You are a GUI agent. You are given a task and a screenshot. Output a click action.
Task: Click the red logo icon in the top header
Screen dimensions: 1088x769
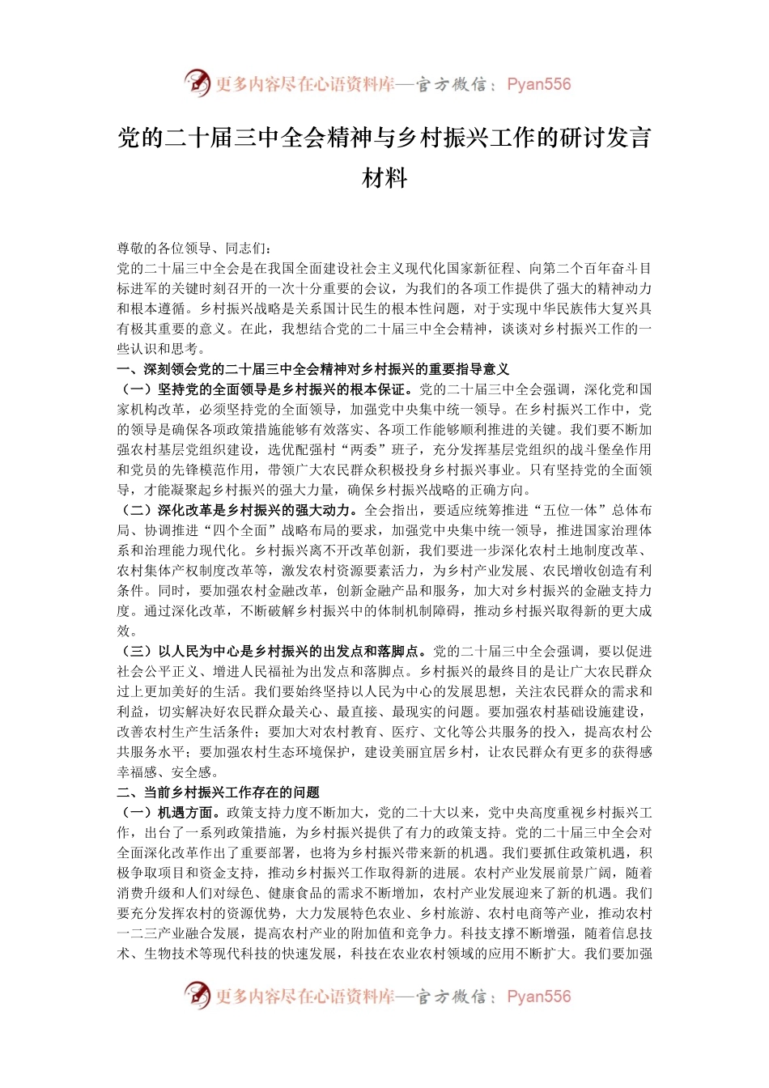[x=197, y=83]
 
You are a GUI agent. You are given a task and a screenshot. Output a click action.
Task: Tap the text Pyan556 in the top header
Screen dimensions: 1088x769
[x=538, y=84]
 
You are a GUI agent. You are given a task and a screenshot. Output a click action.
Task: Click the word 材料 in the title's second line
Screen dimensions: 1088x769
[x=384, y=177]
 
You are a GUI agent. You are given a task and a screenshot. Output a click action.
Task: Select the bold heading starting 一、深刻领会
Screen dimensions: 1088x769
[x=313, y=369]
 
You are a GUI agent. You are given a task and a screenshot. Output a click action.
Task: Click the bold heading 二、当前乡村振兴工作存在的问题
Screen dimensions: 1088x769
[x=219, y=792]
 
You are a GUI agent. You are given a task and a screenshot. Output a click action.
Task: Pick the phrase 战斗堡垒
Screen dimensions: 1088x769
[x=584, y=449]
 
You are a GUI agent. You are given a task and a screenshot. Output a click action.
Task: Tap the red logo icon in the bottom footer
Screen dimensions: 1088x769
[x=197, y=996]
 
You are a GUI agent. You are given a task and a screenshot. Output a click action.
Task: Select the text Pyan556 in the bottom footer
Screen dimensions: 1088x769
[x=538, y=997]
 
